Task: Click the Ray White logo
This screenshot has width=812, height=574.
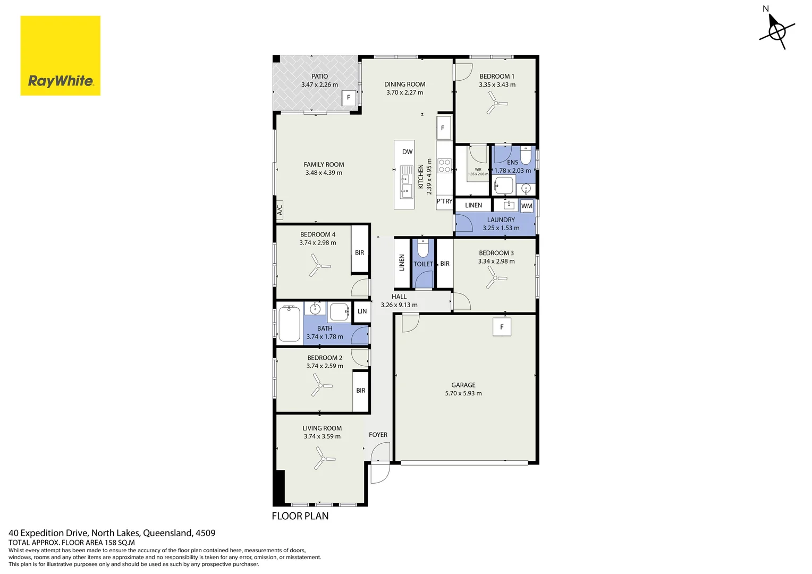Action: [x=60, y=55]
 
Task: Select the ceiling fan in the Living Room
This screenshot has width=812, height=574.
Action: [x=323, y=458]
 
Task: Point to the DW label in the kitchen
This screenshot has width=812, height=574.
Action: [x=407, y=152]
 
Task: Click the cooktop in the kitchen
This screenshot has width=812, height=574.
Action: [x=444, y=166]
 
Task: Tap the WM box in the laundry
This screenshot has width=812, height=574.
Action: [x=527, y=206]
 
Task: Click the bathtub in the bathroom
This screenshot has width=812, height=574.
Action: [x=289, y=324]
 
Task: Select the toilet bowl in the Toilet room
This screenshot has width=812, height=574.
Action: [x=423, y=248]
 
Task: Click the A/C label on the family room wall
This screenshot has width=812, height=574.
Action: [x=280, y=210]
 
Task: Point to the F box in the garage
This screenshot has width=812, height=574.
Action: [x=502, y=327]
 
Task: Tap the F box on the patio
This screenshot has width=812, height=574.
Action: [x=349, y=98]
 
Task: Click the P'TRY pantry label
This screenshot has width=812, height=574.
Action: [x=444, y=201]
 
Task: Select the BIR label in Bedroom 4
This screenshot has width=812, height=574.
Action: [x=360, y=253]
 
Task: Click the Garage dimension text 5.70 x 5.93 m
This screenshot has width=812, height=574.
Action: [x=463, y=393]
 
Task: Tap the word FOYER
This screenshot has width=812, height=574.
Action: [x=378, y=435]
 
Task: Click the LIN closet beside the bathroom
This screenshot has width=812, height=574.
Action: [x=362, y=311]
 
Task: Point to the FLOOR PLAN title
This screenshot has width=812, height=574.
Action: [x=300, y=516]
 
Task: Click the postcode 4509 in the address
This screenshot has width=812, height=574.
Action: [x=206, y=533]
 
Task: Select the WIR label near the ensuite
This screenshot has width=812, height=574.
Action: [x=478, y=170]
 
